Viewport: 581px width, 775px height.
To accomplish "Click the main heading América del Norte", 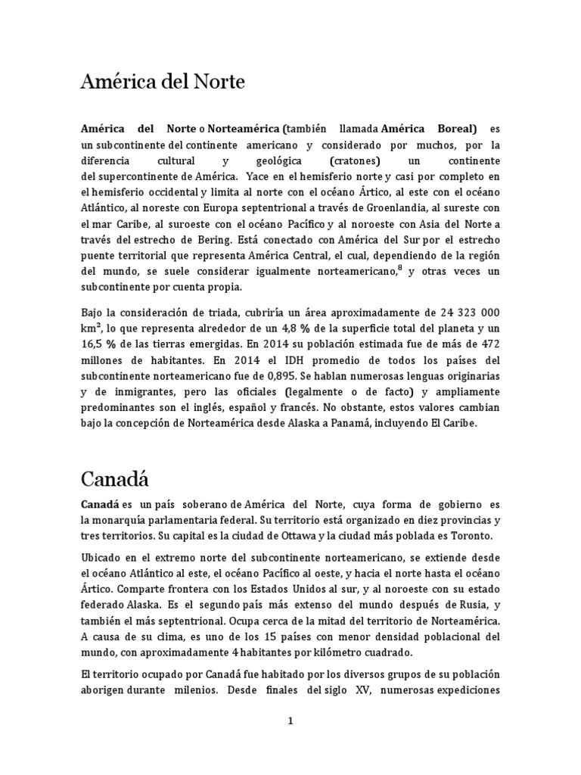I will click(x=163, y=82).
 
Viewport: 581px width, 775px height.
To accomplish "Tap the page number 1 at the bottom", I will click(x=290, y=721).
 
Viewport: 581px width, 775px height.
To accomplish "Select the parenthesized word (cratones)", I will click(x=357, y=162).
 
